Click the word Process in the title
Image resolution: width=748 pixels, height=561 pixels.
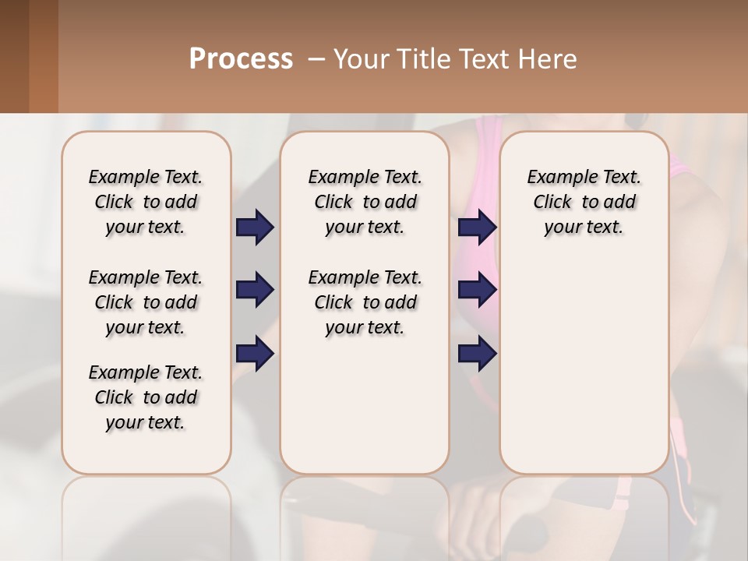click(241, 58)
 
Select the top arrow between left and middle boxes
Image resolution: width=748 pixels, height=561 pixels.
click(255, 227)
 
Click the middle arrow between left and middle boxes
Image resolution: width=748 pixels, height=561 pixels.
click(255, 290)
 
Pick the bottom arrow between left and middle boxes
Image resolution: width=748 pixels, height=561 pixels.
click(255, 355)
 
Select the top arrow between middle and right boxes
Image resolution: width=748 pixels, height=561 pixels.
click(477, 227)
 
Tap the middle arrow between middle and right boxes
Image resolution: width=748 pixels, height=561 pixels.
click(477, 290)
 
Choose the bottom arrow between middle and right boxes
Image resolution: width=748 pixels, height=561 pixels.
click(477, 355)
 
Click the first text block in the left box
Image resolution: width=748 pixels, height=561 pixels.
click(146, 202)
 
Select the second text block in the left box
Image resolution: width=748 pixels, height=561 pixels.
click(146, 302)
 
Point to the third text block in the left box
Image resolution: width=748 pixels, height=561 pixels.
click(146, 397)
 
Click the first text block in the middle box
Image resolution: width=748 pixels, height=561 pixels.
click(365, 202)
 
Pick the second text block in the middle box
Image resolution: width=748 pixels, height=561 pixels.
click(365, 302)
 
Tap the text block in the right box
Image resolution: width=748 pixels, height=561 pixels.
click(584, 202)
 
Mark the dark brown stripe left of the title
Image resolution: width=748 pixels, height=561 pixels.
click(14, 56)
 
